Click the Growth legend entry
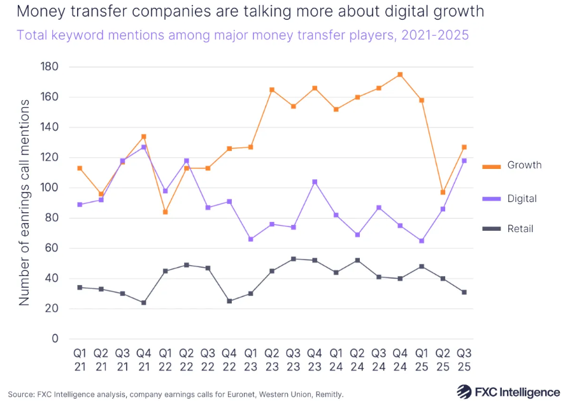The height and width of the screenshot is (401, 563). (524, 165)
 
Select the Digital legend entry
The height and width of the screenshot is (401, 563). (522, 198)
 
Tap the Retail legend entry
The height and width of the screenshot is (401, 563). (520, 228)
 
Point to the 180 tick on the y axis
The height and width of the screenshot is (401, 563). (48, 67)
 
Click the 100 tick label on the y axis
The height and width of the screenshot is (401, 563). (48, 187)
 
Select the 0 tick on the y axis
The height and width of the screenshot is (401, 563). (54, 339)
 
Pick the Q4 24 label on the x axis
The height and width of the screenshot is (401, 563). (399, 359)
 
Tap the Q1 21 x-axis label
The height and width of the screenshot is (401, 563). (79, 359)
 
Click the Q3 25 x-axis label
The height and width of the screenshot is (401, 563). (464, 359)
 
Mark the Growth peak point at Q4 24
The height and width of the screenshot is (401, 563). (399, 75)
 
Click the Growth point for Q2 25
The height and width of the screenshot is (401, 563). (442, 192)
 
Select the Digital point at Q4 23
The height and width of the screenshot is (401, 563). (314, 182)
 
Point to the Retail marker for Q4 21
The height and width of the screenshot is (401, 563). (143, 303)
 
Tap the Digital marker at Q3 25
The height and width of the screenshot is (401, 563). (464, 161)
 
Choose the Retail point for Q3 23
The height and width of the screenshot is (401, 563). (292, 259)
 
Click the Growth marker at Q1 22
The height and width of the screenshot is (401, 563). (165, 212)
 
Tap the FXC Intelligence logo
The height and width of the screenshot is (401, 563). (508, 391)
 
